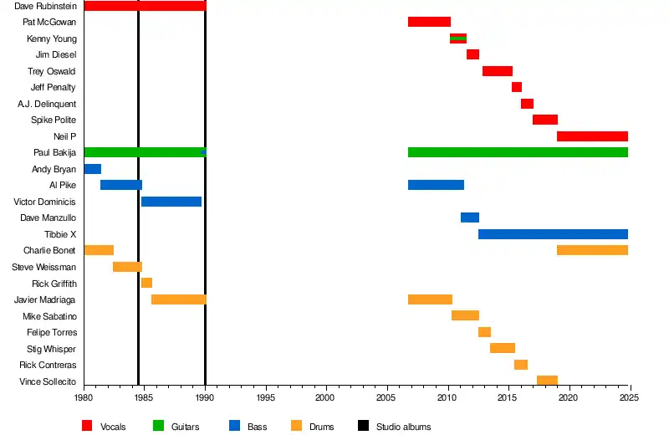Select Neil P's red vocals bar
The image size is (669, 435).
click(592, 136)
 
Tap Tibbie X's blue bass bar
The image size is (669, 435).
click(553, 234)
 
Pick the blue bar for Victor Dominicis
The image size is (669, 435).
click(171, 202)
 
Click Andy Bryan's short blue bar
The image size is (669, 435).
click(92, 169)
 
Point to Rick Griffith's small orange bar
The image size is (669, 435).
click(146, 283)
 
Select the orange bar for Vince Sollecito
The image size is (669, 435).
click(547, 381)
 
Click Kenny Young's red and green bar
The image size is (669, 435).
click(458, 38)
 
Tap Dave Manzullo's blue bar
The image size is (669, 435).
click(469, 217)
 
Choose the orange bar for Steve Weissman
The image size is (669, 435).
click(127, 267)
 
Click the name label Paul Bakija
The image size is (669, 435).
click(54, 153)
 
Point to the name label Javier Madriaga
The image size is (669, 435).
click(45, 299)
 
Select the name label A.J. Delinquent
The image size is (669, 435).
click(47, 104)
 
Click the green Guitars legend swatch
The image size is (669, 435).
click(158, 427)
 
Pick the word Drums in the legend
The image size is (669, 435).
click(321, 427)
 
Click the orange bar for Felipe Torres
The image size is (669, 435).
click(484, 332)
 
